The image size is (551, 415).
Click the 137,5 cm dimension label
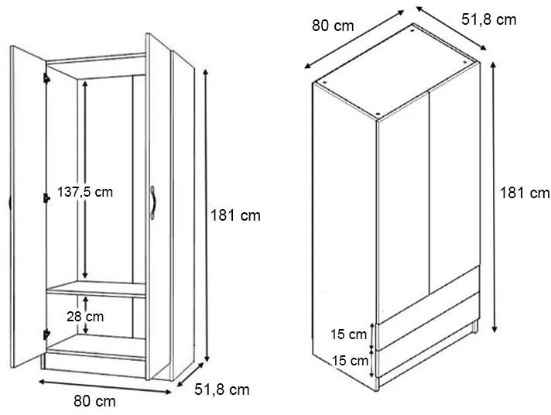click(x=85, y=192)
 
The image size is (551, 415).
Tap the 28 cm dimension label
click(x=85, y=317)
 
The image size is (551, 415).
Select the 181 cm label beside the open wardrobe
click(x=235, y=215)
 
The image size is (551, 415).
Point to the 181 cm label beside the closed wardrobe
click(x=525, y=193)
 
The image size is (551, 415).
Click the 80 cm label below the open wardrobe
click(x=94, y=401)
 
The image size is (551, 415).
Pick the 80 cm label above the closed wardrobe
click(x=333, y=26)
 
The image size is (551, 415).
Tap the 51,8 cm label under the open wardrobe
click(x=222, y=389)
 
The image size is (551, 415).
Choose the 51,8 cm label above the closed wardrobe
click(x=489, y=19)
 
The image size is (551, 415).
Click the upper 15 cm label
click(x=348, y=334)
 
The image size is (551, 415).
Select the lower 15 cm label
click(x=350, y=360)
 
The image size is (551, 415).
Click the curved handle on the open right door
click(x=153, y=203)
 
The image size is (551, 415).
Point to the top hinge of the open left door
click(x=46, y=78)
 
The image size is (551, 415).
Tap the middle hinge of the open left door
click(x=46, y=198)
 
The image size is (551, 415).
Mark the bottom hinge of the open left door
click(x=46, y=334)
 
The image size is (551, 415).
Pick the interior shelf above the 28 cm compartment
click(x=96, y=289)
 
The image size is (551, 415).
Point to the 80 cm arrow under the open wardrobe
click(x=104, y=387)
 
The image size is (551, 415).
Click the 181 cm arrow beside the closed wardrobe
click(x=494, y=197)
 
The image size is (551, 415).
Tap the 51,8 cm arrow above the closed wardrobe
click(x=451, y=28)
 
